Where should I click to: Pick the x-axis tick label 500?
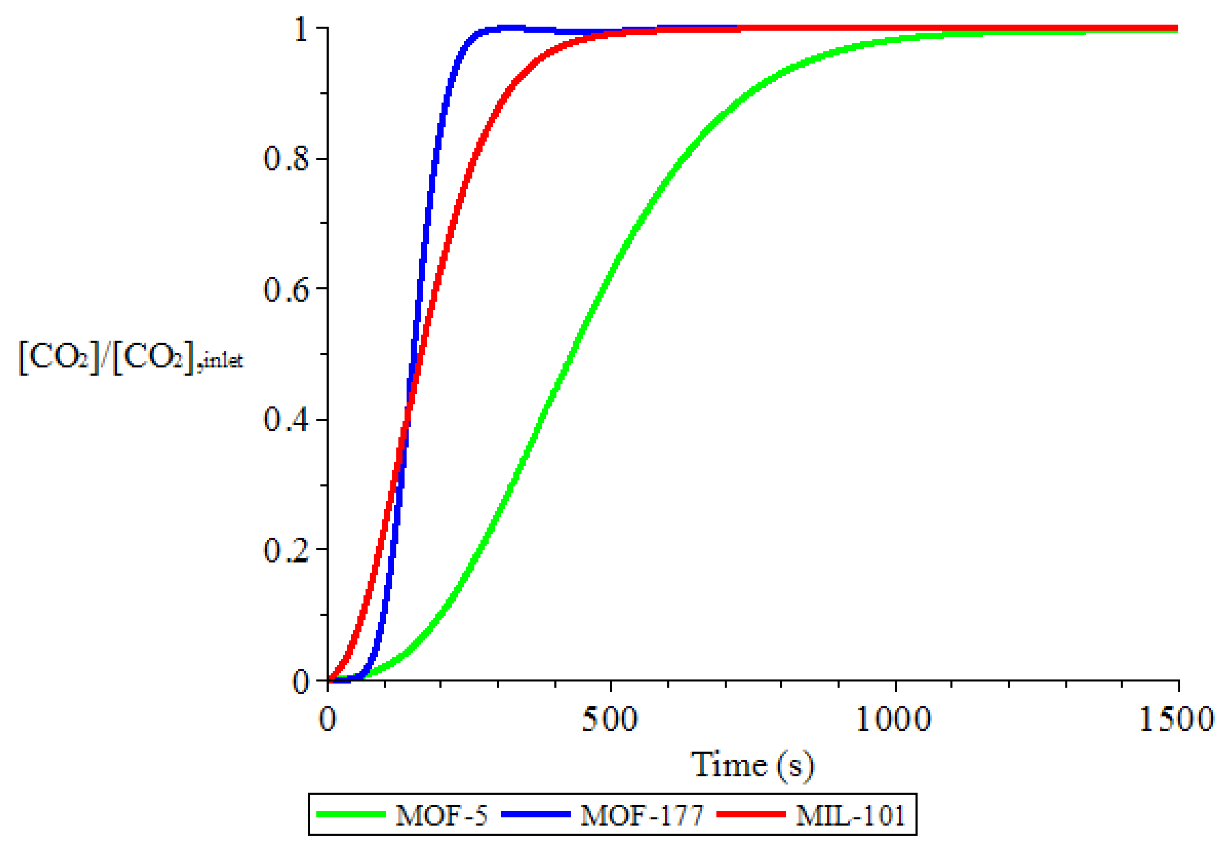(x=610, y=720)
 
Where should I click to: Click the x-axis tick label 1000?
(x=894, y=720)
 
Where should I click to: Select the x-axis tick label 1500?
(x=1177, y=720)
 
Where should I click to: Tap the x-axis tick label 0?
(x=327, y=720)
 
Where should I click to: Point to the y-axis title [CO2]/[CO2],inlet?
(x=130, y=358)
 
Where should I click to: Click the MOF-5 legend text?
(x=441, y=814)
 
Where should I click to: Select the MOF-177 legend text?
(x=642, y=814)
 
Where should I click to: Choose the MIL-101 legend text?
(x=850, y=814)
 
